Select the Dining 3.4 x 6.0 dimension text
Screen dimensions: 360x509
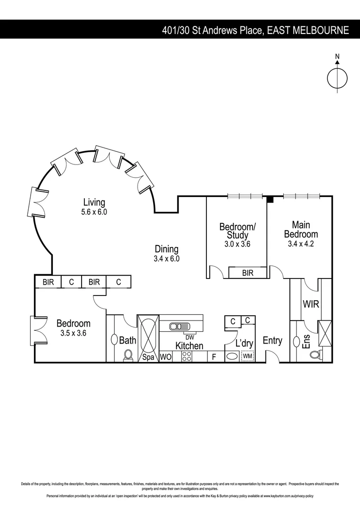coord(167,259)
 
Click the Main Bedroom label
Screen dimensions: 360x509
coord(301,230)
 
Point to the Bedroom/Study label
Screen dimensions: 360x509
coord(237,231)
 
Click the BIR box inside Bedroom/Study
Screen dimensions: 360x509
coord(247,273)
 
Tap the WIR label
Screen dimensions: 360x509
coord(311,304)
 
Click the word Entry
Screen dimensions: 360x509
coord(272,341)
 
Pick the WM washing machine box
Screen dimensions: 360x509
coord(247,357)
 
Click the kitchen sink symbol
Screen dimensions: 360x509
coord(180,326)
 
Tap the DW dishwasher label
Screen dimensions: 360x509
coord(190,337)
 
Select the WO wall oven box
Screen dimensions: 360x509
coord(165,357)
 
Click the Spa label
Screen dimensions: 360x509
coord(148,357)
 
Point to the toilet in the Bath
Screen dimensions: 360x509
coord(128,355)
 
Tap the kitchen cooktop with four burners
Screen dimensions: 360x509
coord(187,357)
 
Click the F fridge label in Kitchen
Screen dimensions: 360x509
coord(213,357)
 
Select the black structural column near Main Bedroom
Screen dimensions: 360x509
coord(270,200)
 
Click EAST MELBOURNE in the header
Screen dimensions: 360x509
coord(308,31)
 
